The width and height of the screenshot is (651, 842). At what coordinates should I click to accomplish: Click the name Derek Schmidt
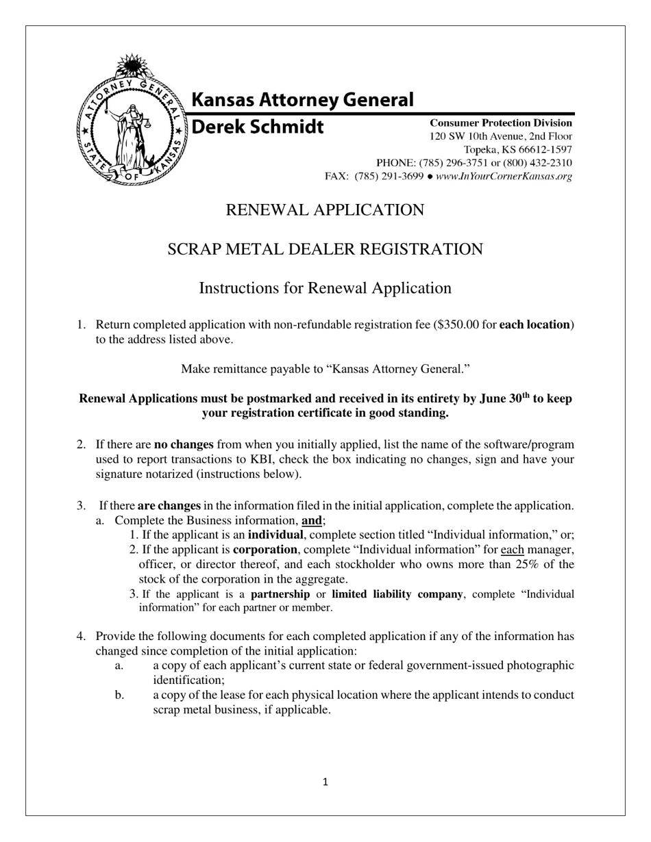257,127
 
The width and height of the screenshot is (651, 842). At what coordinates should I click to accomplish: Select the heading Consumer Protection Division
500,123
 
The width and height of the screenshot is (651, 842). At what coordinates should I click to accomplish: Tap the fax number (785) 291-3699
389,176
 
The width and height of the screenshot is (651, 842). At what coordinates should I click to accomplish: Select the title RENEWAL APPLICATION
325,210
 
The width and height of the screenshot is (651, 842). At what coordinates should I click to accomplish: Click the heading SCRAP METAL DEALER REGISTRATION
325,249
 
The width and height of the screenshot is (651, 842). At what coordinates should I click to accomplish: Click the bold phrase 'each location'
535,324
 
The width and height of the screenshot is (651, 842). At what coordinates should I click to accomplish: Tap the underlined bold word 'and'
311,520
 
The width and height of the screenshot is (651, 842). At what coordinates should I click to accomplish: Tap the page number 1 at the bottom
325,782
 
